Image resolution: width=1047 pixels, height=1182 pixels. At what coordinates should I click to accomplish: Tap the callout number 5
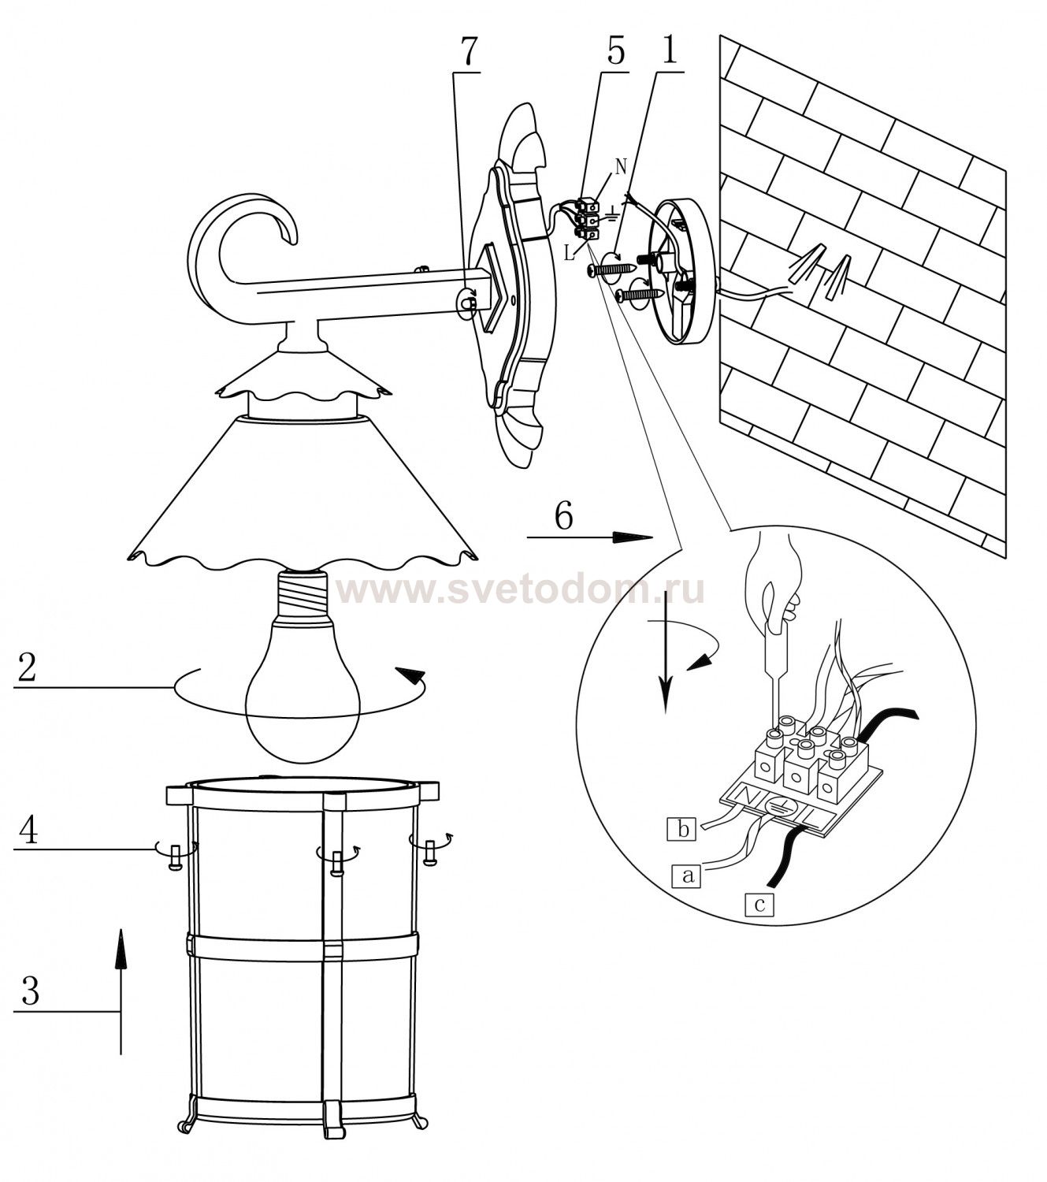pos(615,51)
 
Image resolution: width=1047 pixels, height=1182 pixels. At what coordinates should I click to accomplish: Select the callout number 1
pos(669,50)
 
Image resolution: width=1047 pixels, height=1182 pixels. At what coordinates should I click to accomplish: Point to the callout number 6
pos(562,515)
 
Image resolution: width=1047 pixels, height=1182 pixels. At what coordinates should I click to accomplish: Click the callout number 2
pos(28,667)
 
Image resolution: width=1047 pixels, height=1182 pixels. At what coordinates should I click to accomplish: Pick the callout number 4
pos(28,831)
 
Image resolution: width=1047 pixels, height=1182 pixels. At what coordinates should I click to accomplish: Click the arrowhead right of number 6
pos(632,537)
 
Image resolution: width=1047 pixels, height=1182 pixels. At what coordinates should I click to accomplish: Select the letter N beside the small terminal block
pos(620,167)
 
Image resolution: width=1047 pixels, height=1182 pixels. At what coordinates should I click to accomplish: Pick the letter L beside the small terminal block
pos(570,253)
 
